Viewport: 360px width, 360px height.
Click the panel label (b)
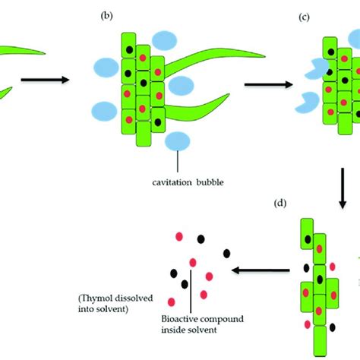coord(106,16)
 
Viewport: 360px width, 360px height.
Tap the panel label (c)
coord(304,17)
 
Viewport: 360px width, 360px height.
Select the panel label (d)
coord(280,203)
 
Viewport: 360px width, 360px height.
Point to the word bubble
coord(210,182)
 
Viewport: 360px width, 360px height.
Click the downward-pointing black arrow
coord(343,188)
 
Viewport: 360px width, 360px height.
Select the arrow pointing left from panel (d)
coord(261,270)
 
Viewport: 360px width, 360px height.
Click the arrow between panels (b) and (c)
coord(268,84)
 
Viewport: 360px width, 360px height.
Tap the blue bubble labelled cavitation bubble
coord(178,141)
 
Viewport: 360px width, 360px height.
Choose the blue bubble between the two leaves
coord(181,86)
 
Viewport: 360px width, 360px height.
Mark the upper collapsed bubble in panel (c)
coord(317,68)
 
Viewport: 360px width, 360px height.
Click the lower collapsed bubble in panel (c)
coord(308,103)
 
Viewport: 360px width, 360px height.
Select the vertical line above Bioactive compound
coord(191,292)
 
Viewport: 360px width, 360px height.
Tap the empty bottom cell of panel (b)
coord(144,134)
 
